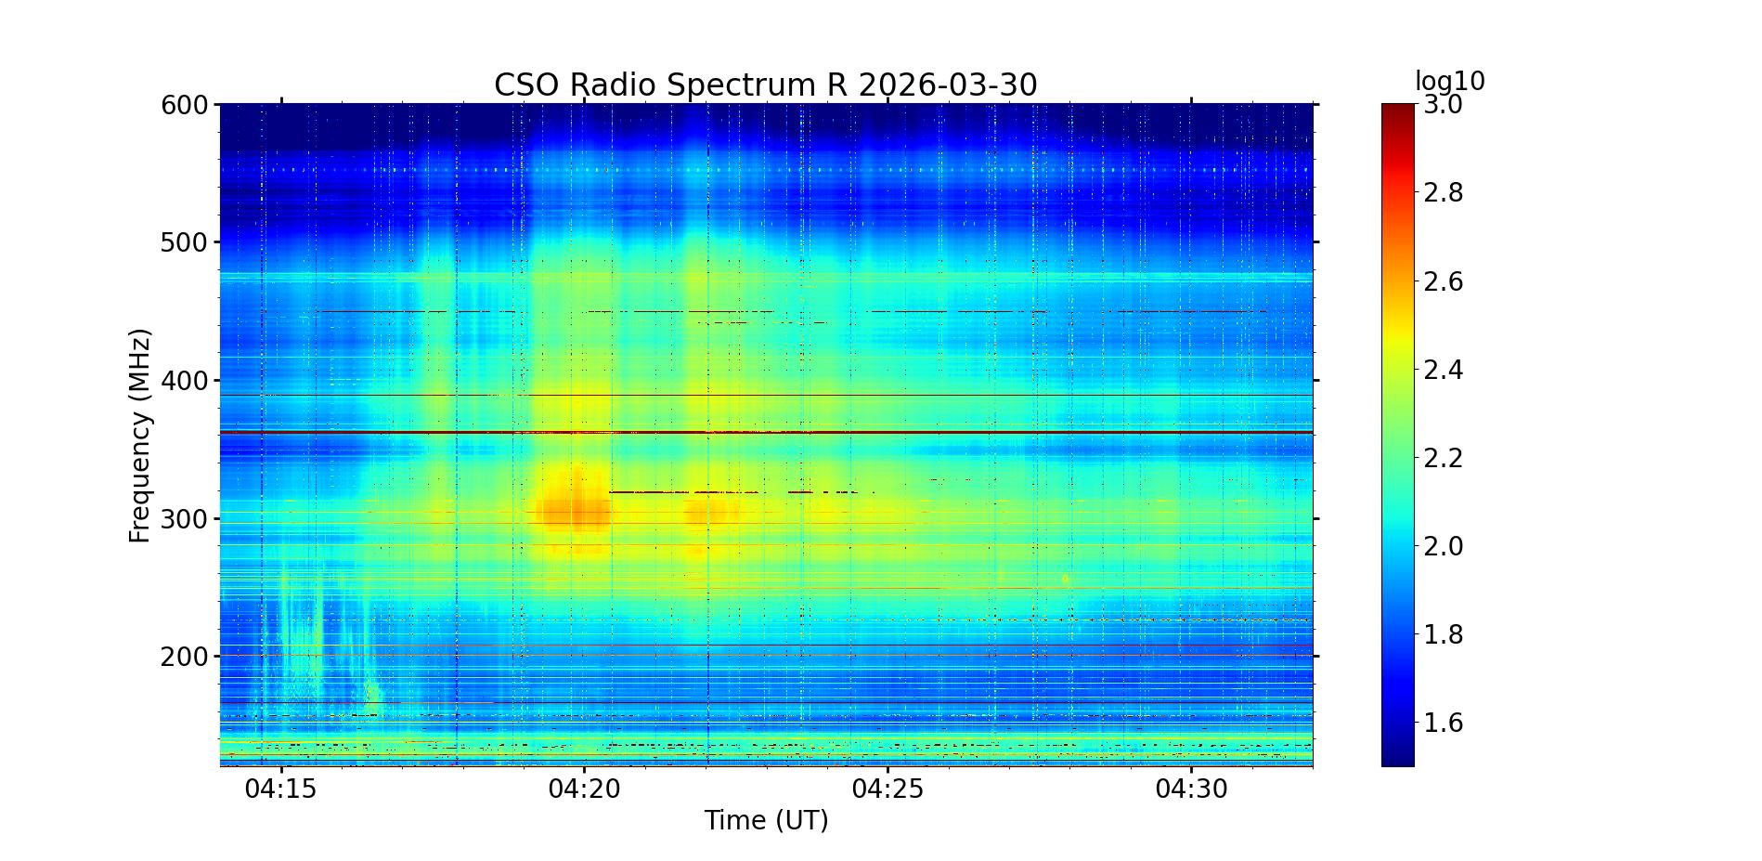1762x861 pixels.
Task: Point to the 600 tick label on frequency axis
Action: pyautogui.click(x=184, y=105)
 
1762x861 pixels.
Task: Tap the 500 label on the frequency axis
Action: pyautogui.click(x=184, y=242)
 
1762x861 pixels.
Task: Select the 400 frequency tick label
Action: pyautogui.click(x=184, y=381)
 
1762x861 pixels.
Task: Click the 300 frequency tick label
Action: pyautogui.click(x=184, y=518)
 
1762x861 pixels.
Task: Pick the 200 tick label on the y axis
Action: pyautogui.click(x=184, y=657)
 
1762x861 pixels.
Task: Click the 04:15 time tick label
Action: pyautogui.click(x=281, y=789)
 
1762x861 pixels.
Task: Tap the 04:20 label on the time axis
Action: pyautogui.click(x=585, y=789)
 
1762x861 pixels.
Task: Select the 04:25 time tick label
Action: pyautogui.click(x=888, y=789)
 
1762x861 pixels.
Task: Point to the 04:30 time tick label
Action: pyautogui.click(x=1192, y=789)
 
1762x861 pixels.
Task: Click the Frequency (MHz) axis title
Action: pyautogui.click(x=140, y=436)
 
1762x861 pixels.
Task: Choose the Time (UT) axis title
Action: pyautogui.click(x=766, y=821)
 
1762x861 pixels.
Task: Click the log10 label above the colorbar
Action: pyautogui.click(x=1449, y=82)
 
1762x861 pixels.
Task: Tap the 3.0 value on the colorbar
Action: pyautogui.click(x=1443, y=105)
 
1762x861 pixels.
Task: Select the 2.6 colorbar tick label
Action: pyautogui.click(x=1443, y=281)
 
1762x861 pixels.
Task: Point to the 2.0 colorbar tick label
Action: pyautogui.click(x=1443, y=546)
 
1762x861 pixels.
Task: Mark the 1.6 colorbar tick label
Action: pyautogui.click(x=1443, y=723)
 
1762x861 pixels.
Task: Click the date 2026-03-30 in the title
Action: pyautogui.click(x=947, y=85)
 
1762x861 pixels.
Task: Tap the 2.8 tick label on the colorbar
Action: pyautogui.click(x=1443, y=193)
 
